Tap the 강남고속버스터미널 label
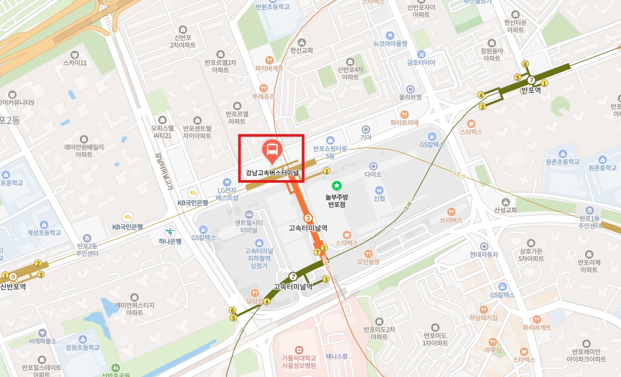pyautogui.click(x=272, y=174)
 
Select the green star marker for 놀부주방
pyautogui.click(x=336, y=186)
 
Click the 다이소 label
pyautogui.click(x=372, y=174)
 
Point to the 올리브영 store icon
pyautogui.click(x=410, y=89)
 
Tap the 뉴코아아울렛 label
pyautogui.click(x=391, y=44)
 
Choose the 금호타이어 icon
pyautogui.click(x=421, y=54)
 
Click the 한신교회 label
pyautogui.click(x=301, y=50)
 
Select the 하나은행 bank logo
pyautogui.click(x=170, y=231)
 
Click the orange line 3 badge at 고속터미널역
pyautogui.click(x=308, y=218)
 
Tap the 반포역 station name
pyautogui.click(x=531, y=90)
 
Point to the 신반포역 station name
pyautogui.click(x=13, y=286)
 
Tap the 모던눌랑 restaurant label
pyautogui.click(x=368, y=262)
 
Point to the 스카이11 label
pyautogui.click(x=75, y=63)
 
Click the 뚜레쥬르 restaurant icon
pyautogui.click(x=264, y=88)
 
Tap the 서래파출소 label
pyautogui.click(x=43, y=341)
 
